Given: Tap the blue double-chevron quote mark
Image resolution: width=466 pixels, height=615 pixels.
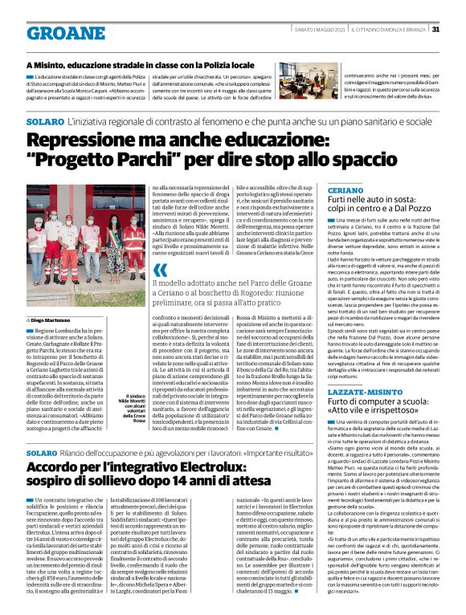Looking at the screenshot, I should click(160, 270).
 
